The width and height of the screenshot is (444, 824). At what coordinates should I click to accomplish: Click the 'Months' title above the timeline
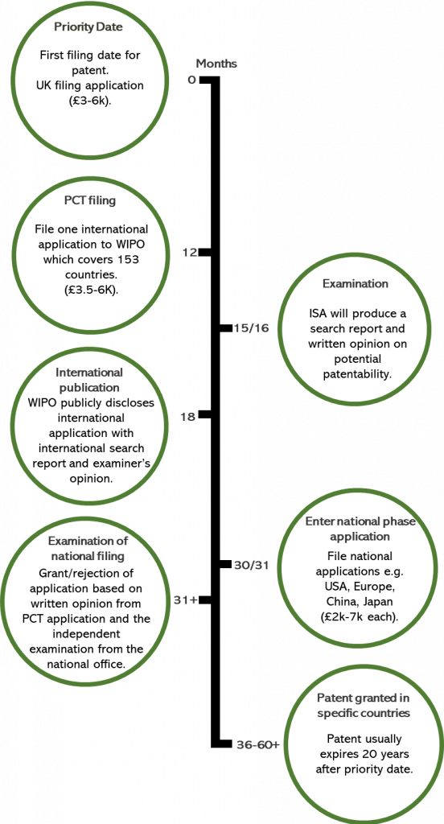[216, 64]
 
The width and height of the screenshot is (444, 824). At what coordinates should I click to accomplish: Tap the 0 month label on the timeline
[191, 80]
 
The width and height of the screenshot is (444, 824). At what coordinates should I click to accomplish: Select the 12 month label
[189, 253]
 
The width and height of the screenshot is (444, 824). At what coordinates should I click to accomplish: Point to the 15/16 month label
[252, 328]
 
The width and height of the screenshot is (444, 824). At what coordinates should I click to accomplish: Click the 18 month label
[188, 416]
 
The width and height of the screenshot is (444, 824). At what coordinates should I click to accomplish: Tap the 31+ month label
[185, 600]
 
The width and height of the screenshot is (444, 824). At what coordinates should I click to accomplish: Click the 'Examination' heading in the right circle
[356, 284]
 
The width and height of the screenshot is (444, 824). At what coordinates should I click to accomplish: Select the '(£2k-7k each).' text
[359, 616]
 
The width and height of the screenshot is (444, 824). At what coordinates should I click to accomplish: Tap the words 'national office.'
[87, 663]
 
